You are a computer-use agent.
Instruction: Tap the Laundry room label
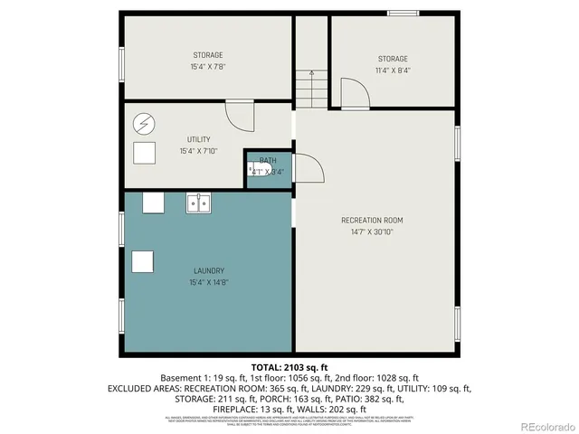click(208, 271)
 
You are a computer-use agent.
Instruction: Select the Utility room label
click(199, 139)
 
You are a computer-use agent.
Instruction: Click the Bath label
click(268, 160)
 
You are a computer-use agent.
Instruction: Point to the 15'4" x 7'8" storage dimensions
click(207, 67)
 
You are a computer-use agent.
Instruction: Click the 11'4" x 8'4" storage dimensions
click(393, 71)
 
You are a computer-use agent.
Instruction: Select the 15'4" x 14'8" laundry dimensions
click(208, 283)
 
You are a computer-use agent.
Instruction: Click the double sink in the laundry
click(199, 203)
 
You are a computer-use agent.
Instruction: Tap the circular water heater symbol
click(145, 122)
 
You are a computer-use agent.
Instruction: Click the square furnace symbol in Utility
click(145, 152)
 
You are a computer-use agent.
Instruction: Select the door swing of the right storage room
click(350, 93)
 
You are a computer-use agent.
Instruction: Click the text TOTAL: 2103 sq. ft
click(289, 367)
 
